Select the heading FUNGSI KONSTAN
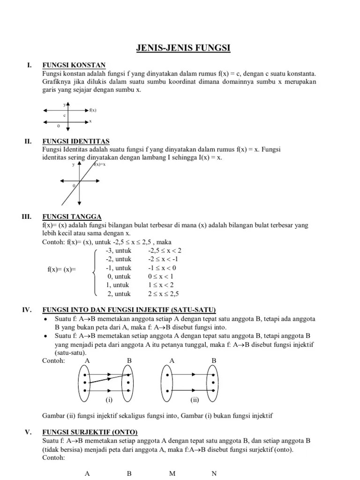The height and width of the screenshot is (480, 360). pyautogui.click(x=74, y=65)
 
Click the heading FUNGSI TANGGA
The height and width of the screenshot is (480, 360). pyautogui.click(x=72, y=217)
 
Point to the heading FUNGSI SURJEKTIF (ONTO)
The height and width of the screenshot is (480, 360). pyautogui.click(x=90, y=432)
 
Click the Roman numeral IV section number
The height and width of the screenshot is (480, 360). pyautogui.click(x=27, y=310)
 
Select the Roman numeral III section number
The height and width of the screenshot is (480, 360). pyautogui.click(x=26, y=217)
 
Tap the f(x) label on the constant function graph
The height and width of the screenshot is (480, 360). pyautogui.click(x=93, y=110)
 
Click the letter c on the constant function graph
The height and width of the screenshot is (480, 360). pyautogui.click(x=64, y=115)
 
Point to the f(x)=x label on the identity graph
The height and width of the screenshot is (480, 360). pyautogui.click(x=99, y=165)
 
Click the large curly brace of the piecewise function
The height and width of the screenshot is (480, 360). pyautogui.click(x=95, y=272)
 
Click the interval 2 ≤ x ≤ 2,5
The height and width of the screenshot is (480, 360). pyautogui.click(x=164, y=294)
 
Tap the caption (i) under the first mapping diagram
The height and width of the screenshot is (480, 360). pyautogui.click(x=109, y=401)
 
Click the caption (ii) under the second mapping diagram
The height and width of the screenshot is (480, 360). pyautogui.click(x=195, y=401)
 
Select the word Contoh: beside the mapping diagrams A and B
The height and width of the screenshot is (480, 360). pyautogui.click(x=53, y=360)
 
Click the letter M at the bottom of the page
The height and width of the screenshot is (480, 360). pyautogui.click(x=172, y=473)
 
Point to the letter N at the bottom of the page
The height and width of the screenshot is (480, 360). pyautogui.click(x=214, y=473)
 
